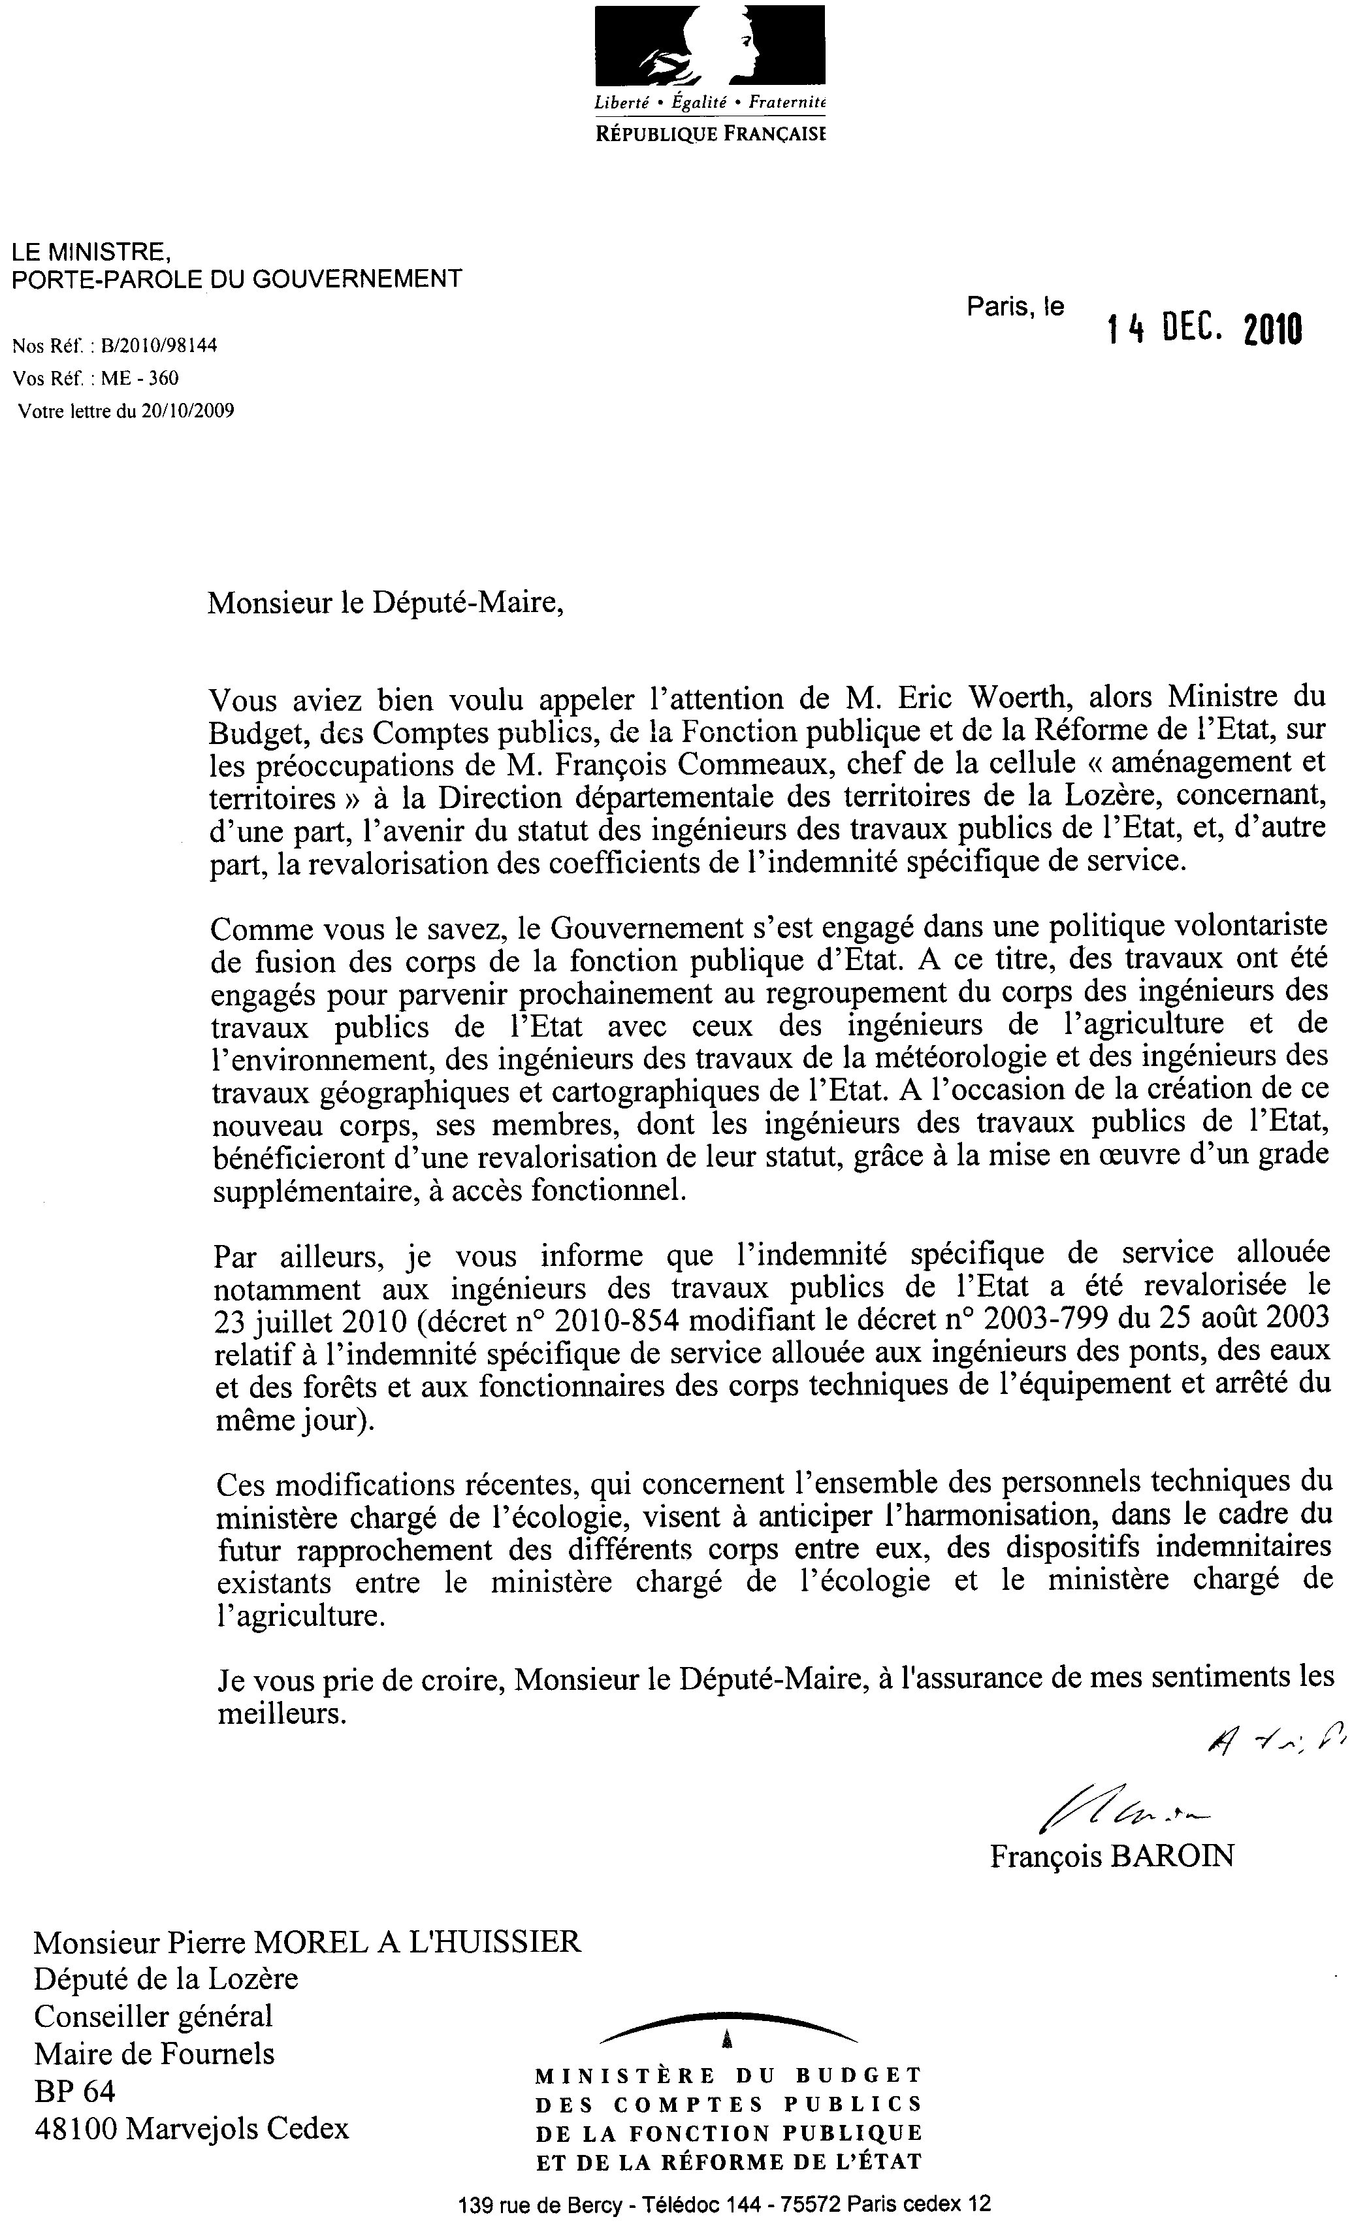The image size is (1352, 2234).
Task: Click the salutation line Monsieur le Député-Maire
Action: click(x=385, y=602)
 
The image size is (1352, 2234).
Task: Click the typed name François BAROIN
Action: click(x=1112, y=1856)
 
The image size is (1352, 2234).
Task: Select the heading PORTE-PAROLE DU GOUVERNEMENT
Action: click(x=236, y=278)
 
